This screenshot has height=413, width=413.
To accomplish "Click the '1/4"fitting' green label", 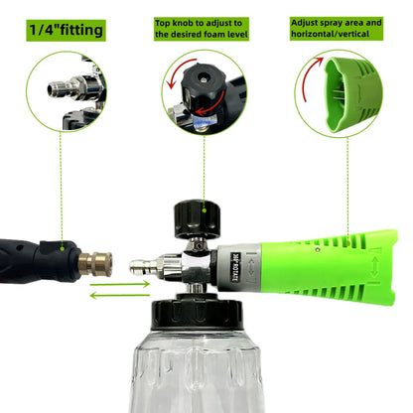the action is [x=66, y=30].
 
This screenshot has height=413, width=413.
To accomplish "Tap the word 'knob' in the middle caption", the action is [x=183, y=23].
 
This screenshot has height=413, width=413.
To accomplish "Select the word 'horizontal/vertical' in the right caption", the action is [x=330, y=34].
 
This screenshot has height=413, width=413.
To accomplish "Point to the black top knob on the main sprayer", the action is [x=197, y=218].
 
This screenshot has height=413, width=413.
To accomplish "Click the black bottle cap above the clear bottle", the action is [x=198, y=312].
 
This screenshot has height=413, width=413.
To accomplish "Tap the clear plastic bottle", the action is [x=198, y=370].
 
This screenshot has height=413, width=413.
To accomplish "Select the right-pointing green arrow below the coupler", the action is [x=120, y=284].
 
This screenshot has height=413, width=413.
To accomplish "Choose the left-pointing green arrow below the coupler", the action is [x=120, y=295].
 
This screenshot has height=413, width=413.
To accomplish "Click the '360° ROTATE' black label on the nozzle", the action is [x=234, y=267].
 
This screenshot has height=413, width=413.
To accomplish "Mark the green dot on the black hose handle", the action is [x=63, y=248].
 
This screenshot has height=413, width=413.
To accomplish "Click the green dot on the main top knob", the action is [x=205, y=210].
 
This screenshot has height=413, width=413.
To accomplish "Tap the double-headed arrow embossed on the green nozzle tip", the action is [x=374, y=267].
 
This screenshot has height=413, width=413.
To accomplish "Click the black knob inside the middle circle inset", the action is [x=204, y=89].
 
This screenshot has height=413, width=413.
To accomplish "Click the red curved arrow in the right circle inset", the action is [x=311, y=77].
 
